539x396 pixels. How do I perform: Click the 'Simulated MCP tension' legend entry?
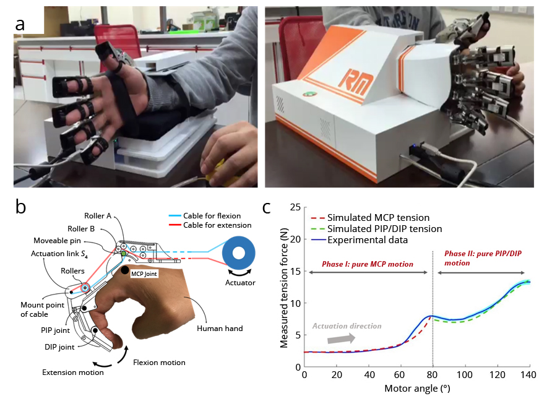point(378,218)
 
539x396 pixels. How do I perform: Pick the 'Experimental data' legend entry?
point(368,240)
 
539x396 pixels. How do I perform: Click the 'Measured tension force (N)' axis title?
point(284,286)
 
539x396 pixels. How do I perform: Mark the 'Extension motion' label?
point(72,372)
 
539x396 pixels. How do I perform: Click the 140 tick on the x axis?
point(528,376)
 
